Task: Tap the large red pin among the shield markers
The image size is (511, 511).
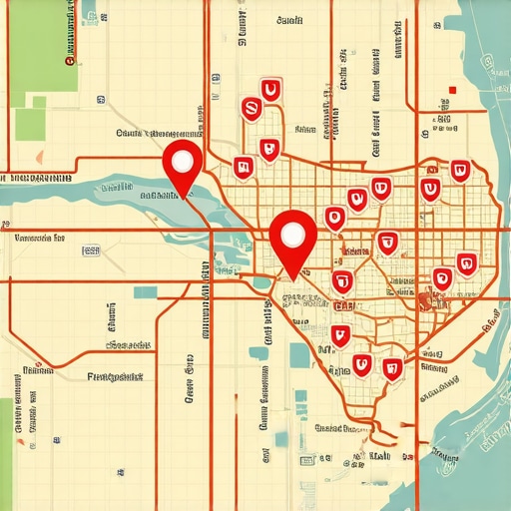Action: (x=292, y=239)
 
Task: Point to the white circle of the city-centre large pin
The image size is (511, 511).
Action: (x=292, y=234)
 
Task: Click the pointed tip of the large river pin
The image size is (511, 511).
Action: (x=185, y=197)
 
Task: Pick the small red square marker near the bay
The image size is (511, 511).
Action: (x=452, y=90)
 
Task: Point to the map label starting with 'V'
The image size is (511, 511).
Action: (x=40, y=239)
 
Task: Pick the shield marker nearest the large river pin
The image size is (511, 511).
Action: (x=242, y=168)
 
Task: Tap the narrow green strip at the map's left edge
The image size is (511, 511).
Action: (x=6, y=439)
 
